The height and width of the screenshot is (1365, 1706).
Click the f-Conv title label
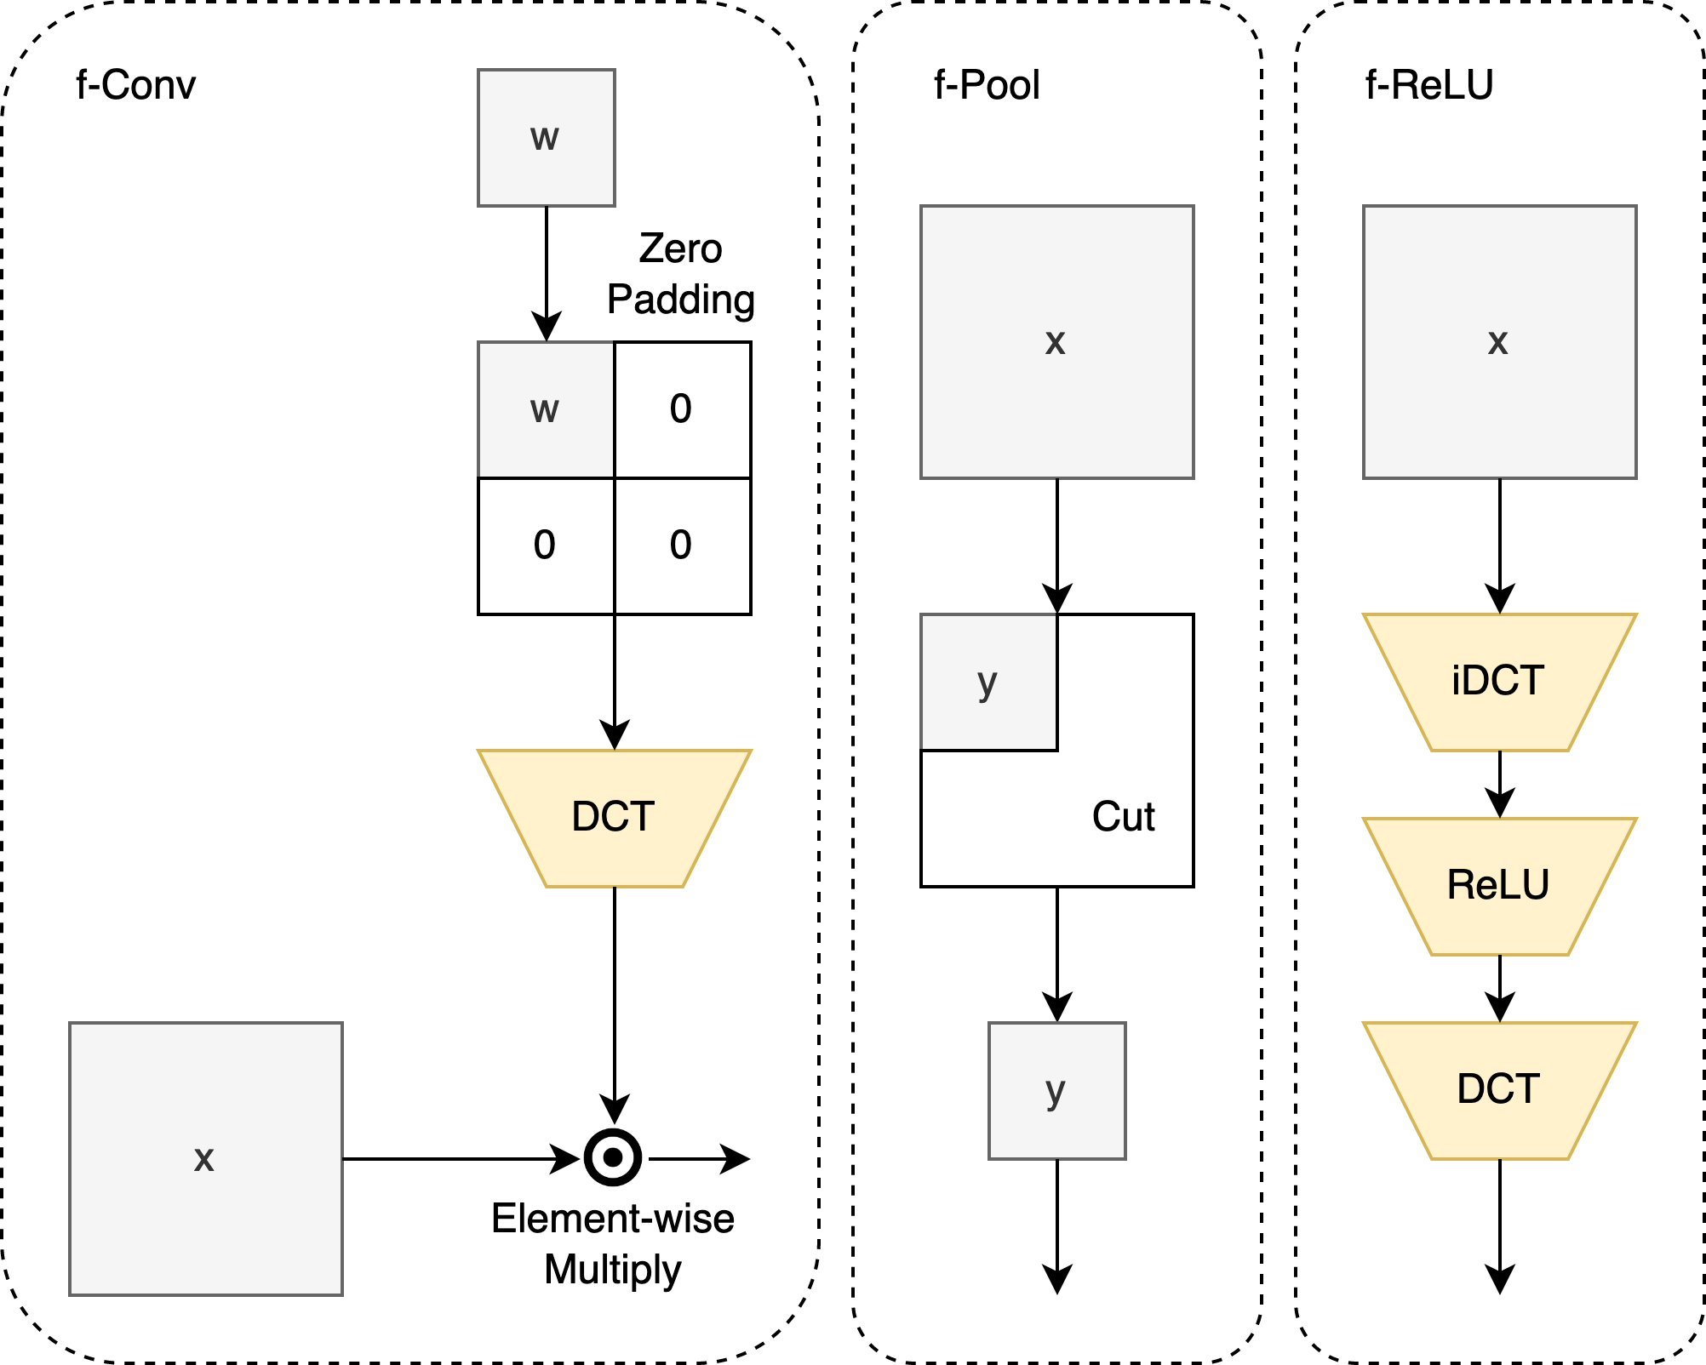coord(135,85)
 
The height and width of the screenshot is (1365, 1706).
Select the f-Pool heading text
coord(987,85)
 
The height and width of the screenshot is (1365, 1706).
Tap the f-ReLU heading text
coord(1429,85)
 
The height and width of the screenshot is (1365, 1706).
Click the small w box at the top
coord(546,138)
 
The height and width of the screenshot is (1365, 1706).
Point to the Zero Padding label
coord(680,274)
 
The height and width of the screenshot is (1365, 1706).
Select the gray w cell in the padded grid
coord(546,410)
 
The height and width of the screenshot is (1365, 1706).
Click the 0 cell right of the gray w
coord(682,410)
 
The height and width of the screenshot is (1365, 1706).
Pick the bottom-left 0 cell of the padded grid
coord(546,545)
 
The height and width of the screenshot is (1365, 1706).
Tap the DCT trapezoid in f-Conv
coord(614,818)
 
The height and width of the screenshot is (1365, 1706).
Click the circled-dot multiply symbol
coord(613,1157)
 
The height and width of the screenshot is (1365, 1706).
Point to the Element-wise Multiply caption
coord(613,1243)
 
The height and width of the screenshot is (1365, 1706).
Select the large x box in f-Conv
coord(205,1158)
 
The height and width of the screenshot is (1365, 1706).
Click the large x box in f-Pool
coord(1056,342)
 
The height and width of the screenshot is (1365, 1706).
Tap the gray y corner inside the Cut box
coord(988,682)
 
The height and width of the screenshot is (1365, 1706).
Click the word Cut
coord(1123,817)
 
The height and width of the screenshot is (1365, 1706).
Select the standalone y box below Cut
coord(1056,1090)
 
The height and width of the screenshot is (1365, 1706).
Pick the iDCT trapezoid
coord(1499,682)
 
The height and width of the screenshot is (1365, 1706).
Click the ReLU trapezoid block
coord(1499,886)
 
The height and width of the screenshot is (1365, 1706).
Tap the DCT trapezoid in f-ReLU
coord(1499,1090)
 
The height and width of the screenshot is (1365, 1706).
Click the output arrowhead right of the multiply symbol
coord(737,1158)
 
